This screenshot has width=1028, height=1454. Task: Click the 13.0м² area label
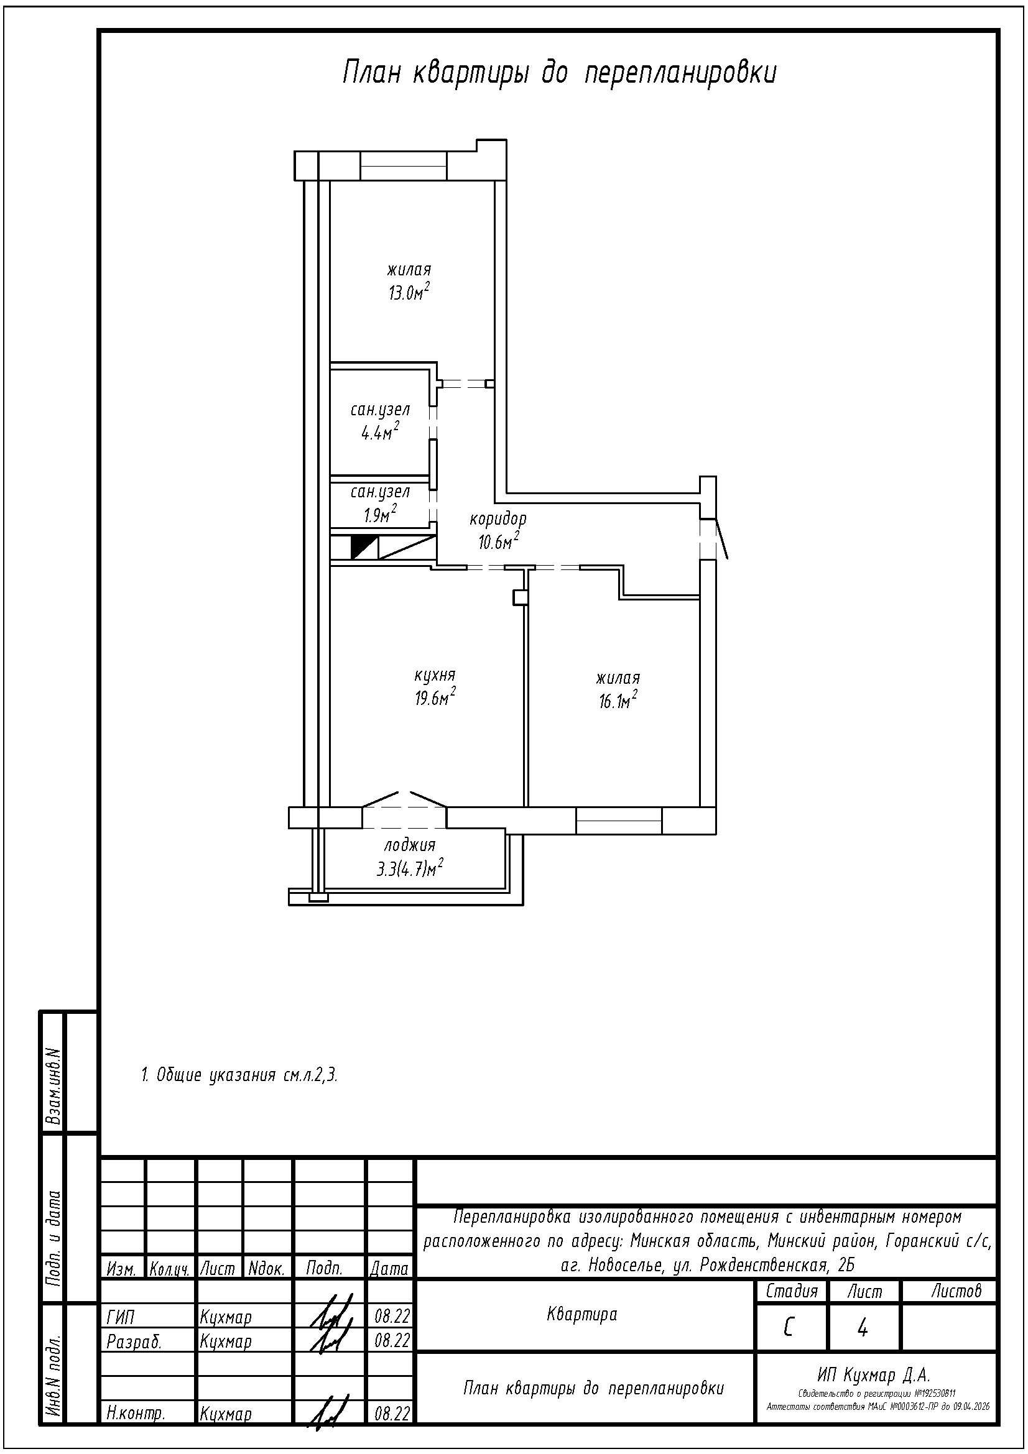[409, 292]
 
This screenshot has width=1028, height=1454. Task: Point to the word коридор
[498, 519]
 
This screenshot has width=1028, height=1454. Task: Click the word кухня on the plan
[435, 675]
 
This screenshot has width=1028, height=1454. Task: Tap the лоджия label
[410, 845]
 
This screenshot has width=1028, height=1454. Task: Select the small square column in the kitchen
[520, 598]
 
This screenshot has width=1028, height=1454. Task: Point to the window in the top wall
[404, 166]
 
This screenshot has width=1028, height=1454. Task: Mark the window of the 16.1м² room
[619, 821]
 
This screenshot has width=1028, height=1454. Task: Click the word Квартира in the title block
[582, 1314]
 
